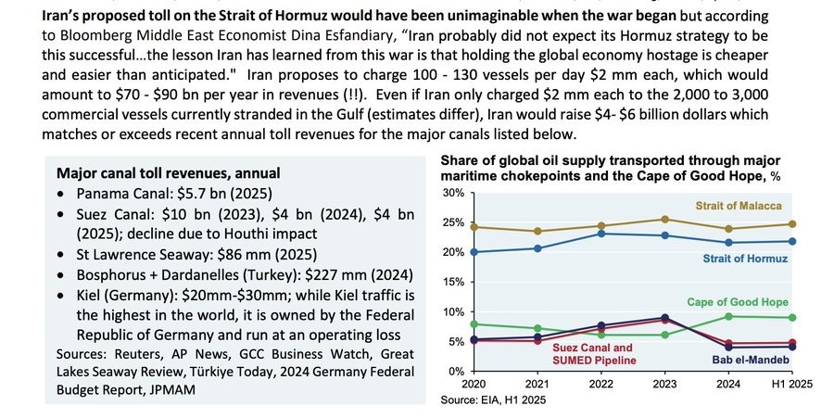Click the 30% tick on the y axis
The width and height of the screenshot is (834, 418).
point(452,193)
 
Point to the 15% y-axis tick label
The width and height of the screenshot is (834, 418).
point(452,282)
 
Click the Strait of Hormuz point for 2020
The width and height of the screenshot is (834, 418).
point(474,252)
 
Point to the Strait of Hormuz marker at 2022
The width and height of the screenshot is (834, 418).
point(601,234)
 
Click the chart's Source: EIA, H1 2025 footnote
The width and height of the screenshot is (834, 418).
point(492,400)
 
